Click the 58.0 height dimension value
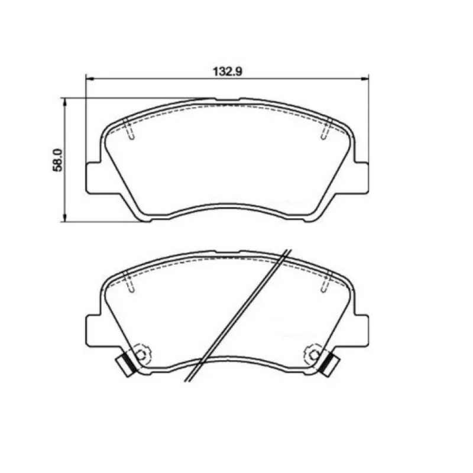pyautogui.click(x=57, y=160)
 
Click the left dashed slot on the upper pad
pyautogui.click(x=130, y=129)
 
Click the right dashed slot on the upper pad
pyautogui.click(x=325, y=129)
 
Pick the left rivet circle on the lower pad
pyautogui.click(x=140, y=354)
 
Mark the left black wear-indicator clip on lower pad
pyautogui.click(x=125, y=364)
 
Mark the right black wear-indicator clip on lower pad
pyautogui.click(x=329, y=364)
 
